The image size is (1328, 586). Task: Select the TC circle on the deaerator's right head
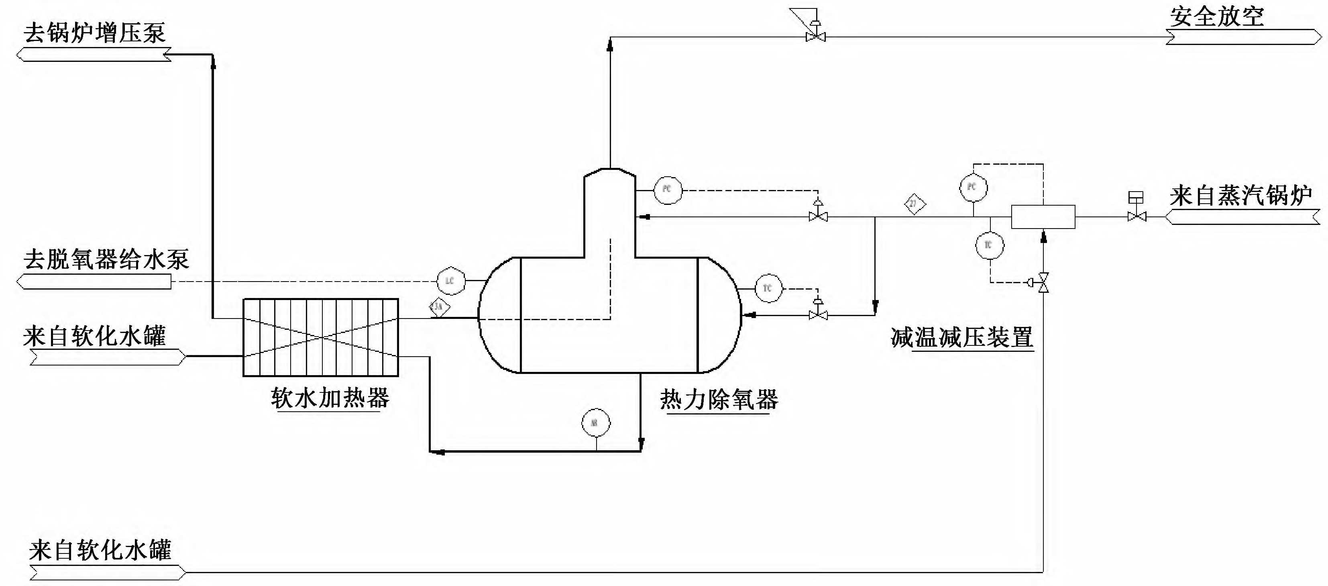pos(768,288)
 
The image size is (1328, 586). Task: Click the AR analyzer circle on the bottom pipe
pos(595,423)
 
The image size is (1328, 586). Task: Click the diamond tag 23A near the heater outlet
pos(439,307)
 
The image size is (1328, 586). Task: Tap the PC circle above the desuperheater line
pos(973,187)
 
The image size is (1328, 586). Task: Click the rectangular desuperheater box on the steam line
pos(1043,216)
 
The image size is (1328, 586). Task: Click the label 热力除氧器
pos(719,400)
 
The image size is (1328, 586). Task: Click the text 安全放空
pos(1217,16)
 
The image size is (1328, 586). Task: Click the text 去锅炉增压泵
pos(94,33)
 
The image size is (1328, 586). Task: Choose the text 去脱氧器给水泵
pos(106,259)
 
